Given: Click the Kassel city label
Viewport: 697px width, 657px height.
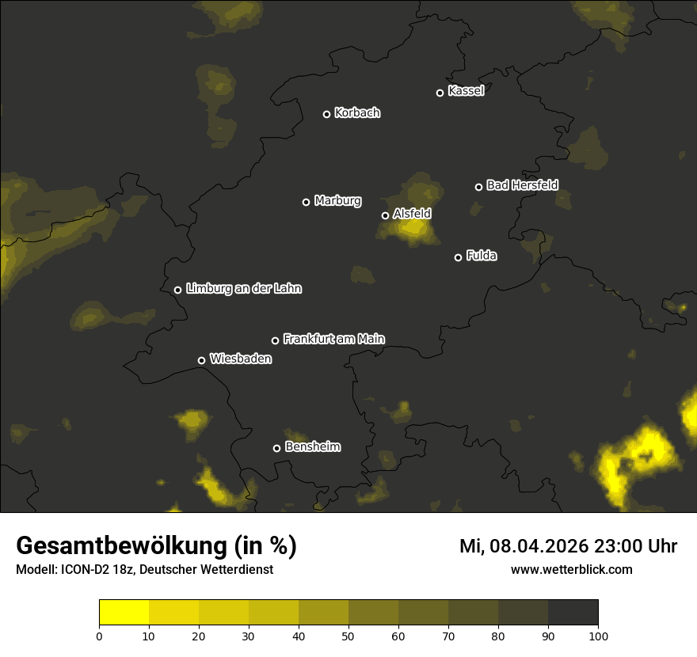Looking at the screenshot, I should point(466,91).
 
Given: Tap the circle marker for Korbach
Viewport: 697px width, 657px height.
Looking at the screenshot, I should point(326,114).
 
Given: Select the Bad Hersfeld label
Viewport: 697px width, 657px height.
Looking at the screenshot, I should point(522,185).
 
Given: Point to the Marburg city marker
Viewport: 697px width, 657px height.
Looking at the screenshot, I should point(306,202).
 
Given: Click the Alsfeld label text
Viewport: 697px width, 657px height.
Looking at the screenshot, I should point(412,214).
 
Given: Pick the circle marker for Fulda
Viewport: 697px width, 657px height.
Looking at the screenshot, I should point(458,257).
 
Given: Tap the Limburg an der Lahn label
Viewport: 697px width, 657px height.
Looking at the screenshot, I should point(243,289).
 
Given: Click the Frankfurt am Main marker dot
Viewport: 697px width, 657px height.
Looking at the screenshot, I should point(276,340).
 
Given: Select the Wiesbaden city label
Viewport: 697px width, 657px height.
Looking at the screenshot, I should point(241,359).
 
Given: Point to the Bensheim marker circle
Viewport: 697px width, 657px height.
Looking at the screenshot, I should point(276,448).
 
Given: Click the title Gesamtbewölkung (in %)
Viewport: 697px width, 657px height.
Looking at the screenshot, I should point(156,546).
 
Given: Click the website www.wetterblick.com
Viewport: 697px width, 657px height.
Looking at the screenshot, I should point(571,569).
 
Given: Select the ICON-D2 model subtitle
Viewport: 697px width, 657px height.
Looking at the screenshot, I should point(144,569).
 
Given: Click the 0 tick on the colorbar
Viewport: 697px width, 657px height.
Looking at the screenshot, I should point(99,636).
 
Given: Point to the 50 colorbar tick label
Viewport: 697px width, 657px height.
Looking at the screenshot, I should point(348,636).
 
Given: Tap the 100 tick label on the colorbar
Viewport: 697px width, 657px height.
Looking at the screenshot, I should point(598,636).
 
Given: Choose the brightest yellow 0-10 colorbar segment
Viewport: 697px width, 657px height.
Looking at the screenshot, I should point(124,613).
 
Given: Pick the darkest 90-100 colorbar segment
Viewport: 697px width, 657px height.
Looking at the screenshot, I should point(573,613).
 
